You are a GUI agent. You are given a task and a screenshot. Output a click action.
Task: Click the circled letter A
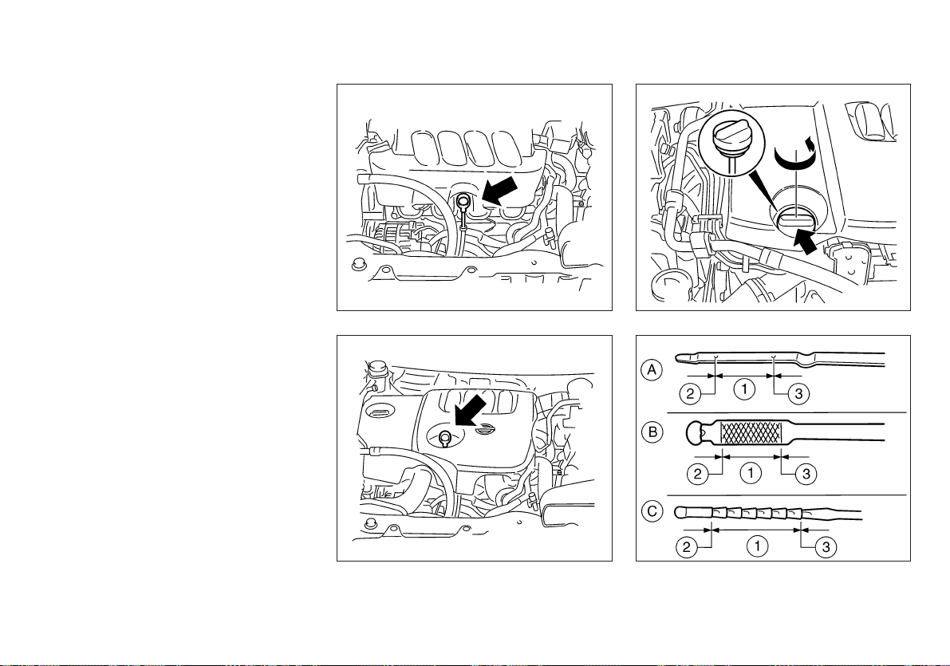652,369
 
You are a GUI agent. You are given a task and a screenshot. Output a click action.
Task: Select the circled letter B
652,432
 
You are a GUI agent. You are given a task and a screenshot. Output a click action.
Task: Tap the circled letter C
652,511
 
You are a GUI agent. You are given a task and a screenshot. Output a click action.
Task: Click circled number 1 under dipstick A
744,388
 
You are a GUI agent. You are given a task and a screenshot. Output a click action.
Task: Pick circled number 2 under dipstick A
690,394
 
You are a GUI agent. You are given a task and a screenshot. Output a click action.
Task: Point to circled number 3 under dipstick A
798,394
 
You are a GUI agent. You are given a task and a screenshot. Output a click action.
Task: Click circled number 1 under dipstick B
751,473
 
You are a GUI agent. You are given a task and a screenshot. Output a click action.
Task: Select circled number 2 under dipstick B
698,473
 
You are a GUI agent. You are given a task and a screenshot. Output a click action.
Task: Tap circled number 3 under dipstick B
806,473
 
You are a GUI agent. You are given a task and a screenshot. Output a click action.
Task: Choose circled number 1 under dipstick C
757,546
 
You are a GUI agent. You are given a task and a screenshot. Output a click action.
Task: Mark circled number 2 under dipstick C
687,548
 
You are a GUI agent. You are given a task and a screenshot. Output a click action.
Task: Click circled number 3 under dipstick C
826,548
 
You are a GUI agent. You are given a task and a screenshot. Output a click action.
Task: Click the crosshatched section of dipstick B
750,432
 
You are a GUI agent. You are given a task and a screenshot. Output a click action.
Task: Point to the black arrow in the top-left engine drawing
499,191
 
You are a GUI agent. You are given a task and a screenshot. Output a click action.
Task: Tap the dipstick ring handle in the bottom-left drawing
445,435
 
